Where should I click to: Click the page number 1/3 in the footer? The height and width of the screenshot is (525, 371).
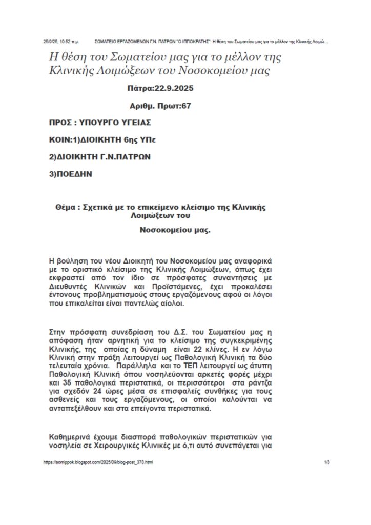point(327,462)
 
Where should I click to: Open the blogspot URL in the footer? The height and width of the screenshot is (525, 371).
point(98,462)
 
